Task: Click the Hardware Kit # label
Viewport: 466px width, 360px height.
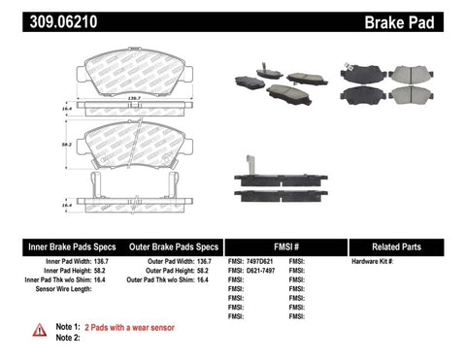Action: [370, 262]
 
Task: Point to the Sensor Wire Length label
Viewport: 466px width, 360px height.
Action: [60, 289]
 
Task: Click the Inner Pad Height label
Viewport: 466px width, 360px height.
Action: [66, 271]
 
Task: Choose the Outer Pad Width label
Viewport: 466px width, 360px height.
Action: [164, 262]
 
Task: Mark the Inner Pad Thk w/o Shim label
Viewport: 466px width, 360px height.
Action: [58, 280]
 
